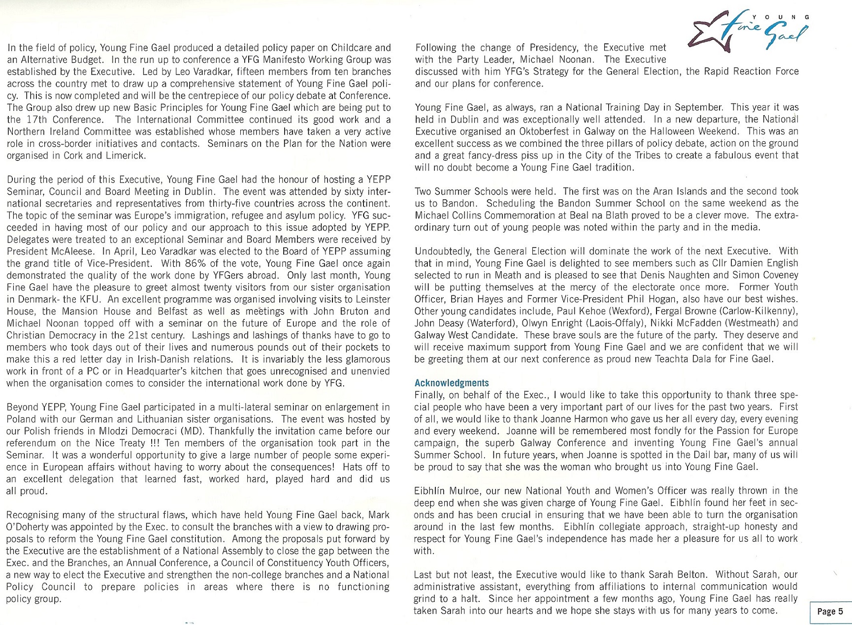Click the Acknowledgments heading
pyautogui.click(x=452, y=383)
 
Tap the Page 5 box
pyautogui.click(x=830, y=612)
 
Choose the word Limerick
pyautogui.click(x=128, y=156)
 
